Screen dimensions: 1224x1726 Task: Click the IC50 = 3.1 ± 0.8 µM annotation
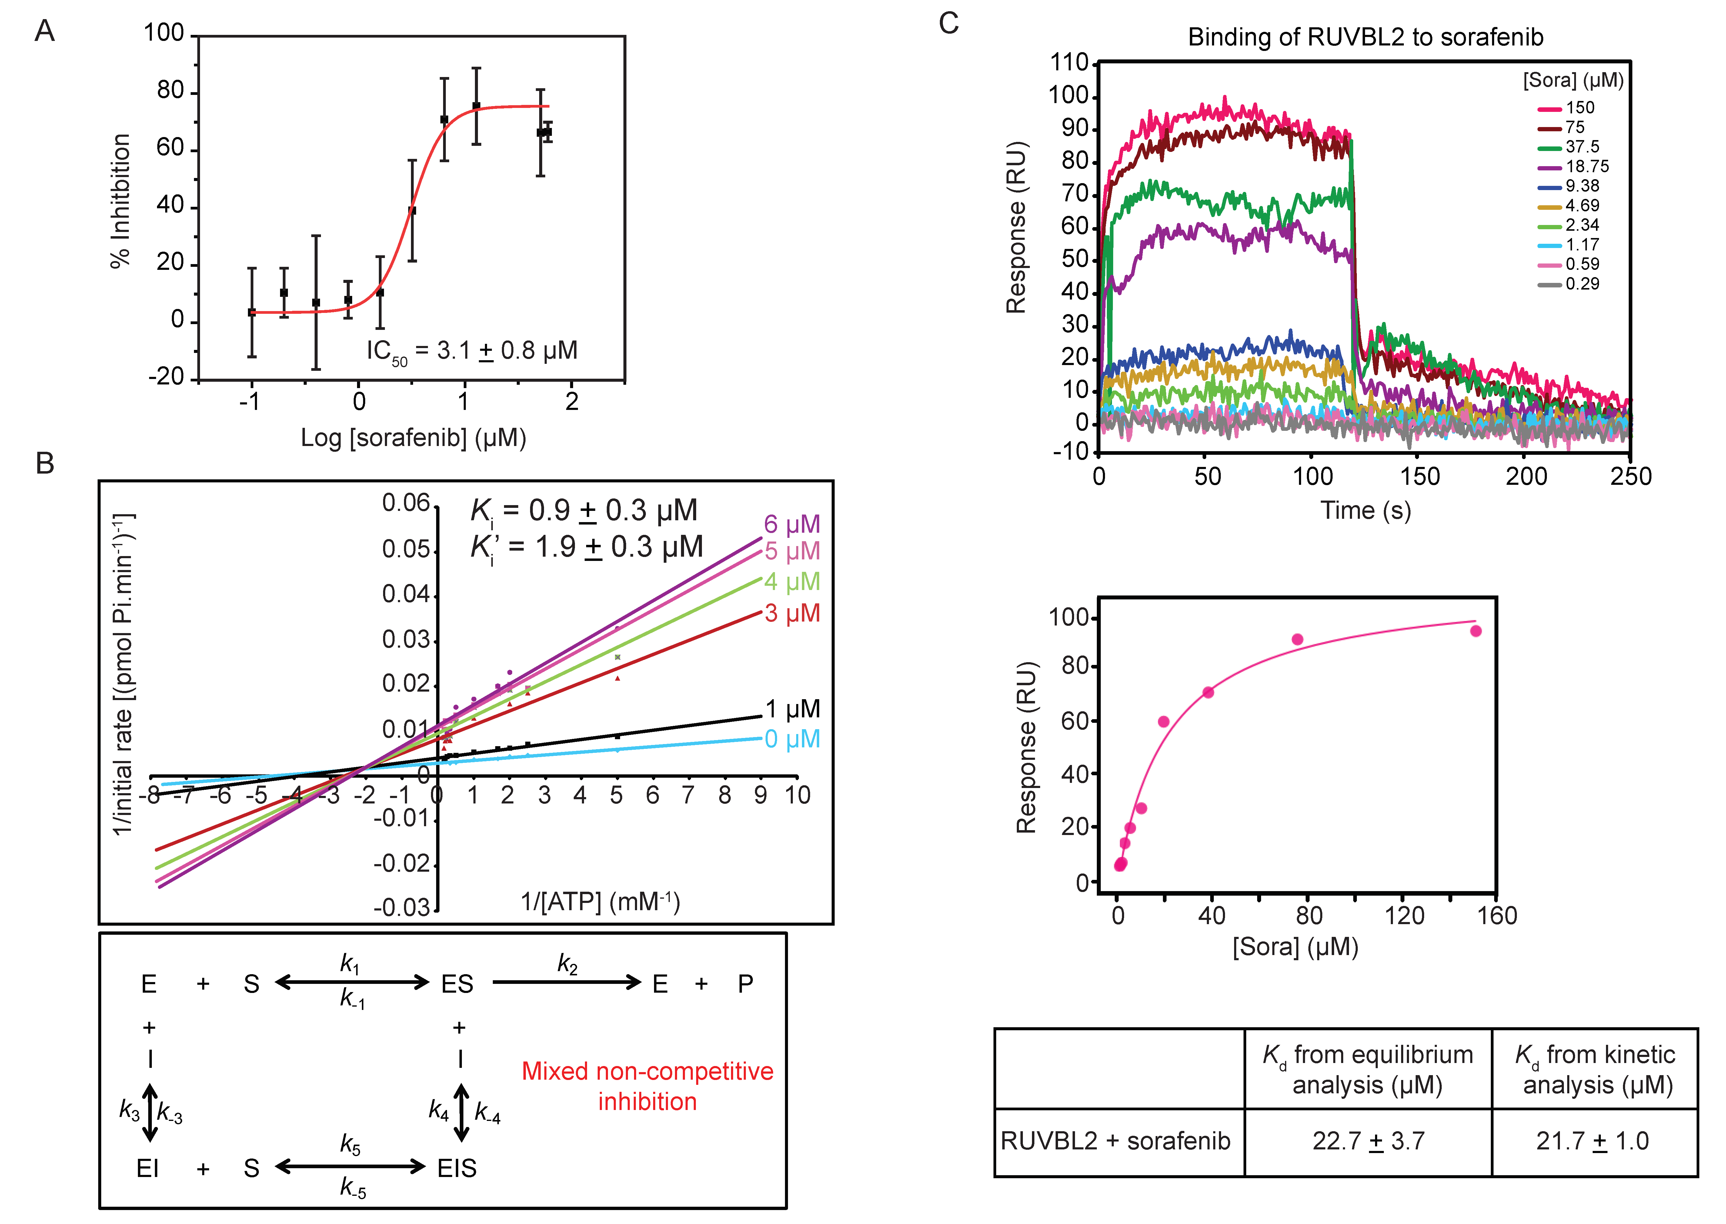(472, 351)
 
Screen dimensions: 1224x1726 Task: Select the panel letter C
(949, 24)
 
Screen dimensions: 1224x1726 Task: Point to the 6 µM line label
(791, 524)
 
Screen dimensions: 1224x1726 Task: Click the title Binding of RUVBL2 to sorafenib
(1365, 37)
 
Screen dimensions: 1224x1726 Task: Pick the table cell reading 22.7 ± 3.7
(1368, 1141)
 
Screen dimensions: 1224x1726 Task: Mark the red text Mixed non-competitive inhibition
(647, 1086)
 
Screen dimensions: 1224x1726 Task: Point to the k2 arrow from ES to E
(566, 982)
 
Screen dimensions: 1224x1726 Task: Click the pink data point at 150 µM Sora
(1475, 631)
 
